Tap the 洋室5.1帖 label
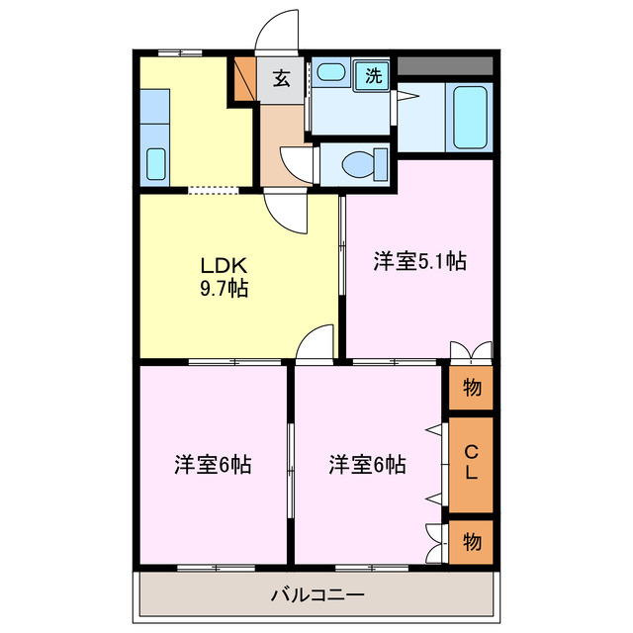[419, 261]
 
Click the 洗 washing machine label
[373, 74]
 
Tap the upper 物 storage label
[472, 389]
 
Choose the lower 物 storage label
[472, 542]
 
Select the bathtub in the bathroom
[469, 116]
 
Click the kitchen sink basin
[155, 163]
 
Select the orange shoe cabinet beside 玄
[243, 80]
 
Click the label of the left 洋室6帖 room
[213, 464]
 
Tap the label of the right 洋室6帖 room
[367, 464]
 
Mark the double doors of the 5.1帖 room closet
[471, 351]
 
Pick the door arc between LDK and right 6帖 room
[316, 344]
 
